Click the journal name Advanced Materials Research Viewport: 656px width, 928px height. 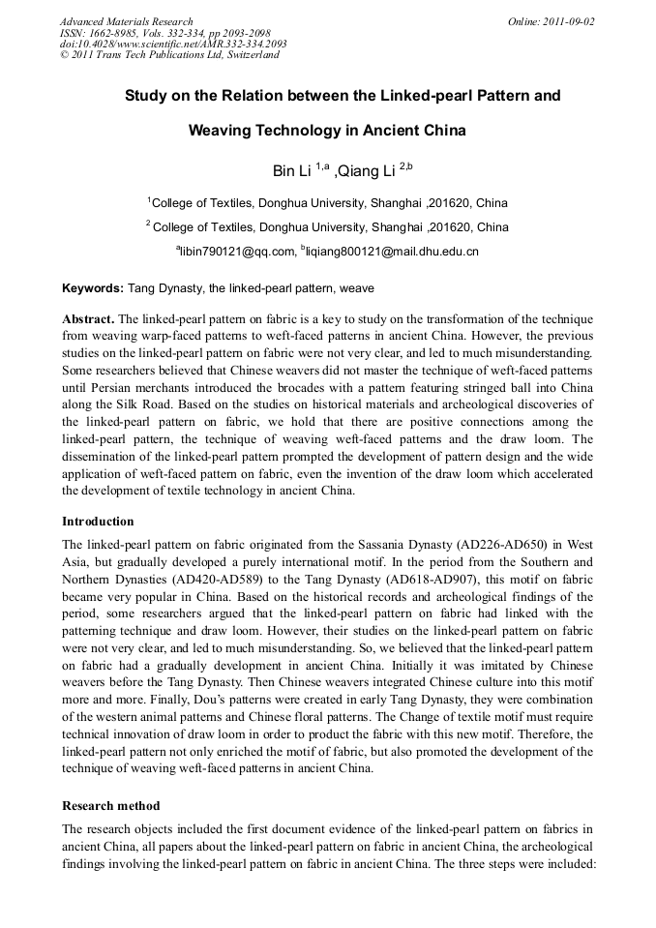[x=126, y=21]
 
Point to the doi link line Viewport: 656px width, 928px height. [x=172, y=44]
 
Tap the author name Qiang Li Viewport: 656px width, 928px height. [x=365, y=171]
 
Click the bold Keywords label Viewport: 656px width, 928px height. [x=93, y=288]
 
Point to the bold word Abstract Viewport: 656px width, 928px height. [x=88, y=318]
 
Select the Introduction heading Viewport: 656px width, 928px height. [x=98, y=521]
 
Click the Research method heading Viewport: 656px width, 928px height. [x=111, y=805]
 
